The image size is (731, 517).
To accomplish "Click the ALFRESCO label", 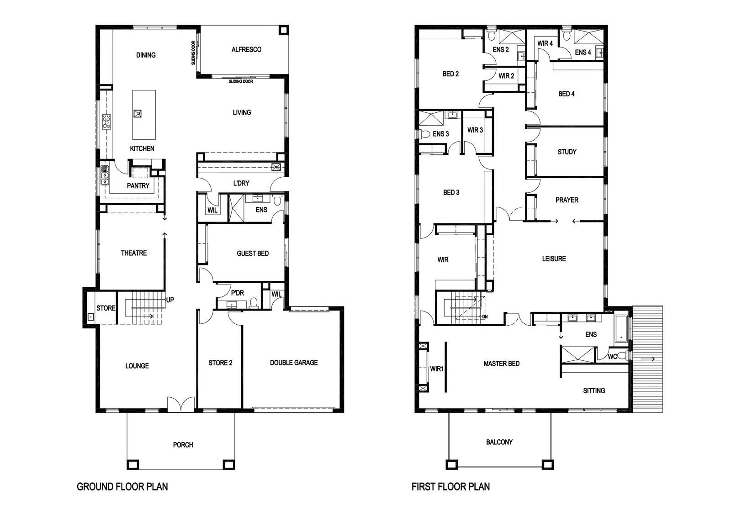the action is point(246,50).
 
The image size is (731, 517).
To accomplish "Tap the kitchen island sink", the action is point(138,114).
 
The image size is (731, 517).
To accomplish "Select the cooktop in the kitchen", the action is point(107,121).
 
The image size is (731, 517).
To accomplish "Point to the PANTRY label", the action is point(138,185).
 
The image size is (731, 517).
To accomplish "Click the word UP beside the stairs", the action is point(170,300).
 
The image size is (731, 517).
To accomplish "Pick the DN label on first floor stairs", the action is point(485,317).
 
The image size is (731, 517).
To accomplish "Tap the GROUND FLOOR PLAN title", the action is point(122,487).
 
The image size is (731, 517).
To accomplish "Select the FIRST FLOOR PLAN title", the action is point(450,487).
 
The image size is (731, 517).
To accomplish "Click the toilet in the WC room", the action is point(623,355).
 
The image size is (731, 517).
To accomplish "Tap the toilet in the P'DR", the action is point(254,303).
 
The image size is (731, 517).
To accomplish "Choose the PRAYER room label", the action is point(567,200).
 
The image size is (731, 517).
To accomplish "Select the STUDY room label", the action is point(567,152).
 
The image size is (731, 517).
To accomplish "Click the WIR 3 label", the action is point(475,130).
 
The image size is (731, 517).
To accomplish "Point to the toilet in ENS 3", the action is point(424,134).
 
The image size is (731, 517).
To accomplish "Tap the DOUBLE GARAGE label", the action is point(294,362).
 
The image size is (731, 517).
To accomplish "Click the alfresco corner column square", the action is point(283,30).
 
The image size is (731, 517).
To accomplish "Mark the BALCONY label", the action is point(499,442).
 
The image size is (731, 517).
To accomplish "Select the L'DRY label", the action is point(241,183).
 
